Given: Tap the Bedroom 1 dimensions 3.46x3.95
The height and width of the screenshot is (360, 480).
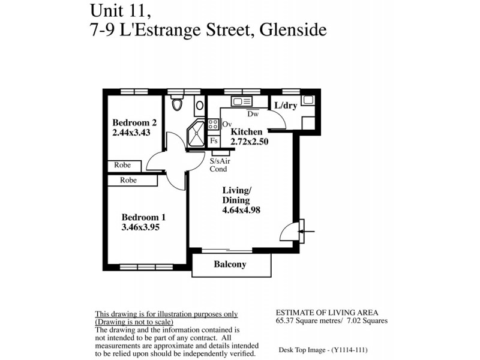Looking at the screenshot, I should [140, 227].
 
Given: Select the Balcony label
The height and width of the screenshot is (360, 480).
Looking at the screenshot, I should [230, 264].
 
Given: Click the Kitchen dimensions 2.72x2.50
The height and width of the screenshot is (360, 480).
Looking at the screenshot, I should [249, 142].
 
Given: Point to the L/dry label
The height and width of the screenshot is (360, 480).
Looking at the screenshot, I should [286, 106].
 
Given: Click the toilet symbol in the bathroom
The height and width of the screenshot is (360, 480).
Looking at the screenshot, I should [176, 104].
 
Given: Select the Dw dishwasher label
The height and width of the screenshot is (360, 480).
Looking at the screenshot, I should [253, 114].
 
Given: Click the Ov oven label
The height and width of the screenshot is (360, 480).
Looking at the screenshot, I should [227, 124].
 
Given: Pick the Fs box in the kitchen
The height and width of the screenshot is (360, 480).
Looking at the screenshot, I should [214, 140].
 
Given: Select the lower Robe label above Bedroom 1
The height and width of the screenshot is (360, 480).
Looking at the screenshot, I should [128, 180].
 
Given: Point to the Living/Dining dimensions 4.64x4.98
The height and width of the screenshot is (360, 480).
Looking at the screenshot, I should [241, 210].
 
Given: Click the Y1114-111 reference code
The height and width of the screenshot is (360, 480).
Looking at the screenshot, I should [345, 349].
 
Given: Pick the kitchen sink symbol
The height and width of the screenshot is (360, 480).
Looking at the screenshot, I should [242, 101].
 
